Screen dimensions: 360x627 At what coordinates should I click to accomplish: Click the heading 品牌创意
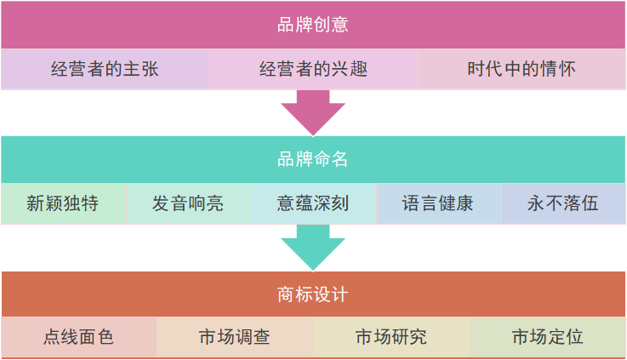click(x=313, y=25)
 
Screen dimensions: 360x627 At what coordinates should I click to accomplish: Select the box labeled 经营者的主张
click(x=105, y=69)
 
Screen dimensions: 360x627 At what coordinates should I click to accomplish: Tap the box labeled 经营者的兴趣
click(x=314, y=69)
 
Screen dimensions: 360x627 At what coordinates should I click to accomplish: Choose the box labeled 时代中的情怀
click(x=522, y=69)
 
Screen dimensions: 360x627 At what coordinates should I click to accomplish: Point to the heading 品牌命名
click(x=313, y=159)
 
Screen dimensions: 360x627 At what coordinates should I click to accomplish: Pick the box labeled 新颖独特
click(x=63, y=203)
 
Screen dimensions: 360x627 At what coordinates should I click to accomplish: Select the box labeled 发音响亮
click(x=188, y=203)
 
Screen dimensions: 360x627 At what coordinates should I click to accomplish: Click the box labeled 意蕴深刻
click(x=313, y=203)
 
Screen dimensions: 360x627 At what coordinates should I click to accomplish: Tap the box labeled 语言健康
click(x=438, y=203)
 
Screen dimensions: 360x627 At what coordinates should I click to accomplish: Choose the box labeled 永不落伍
click(x=563, y=203)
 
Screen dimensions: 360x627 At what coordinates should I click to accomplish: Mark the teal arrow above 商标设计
click(x=313, y=247)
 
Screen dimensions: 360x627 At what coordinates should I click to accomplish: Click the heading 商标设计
click(x=313, y=294)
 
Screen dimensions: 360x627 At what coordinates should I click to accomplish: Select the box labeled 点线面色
click(x=78, y=337)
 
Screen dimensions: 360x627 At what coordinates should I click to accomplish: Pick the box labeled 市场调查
click(x=235, y=337)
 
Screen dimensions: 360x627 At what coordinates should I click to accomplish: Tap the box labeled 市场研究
click(x=391, y=337)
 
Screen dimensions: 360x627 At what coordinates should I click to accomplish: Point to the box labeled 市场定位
click(x=548, y=337)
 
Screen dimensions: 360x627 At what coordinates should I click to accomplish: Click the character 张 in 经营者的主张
click(x=150, y=69)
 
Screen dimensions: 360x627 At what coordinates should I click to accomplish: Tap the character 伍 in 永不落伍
click(x=590, y=203)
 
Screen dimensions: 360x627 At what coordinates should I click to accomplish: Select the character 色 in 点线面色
click(x=105, y=337)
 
